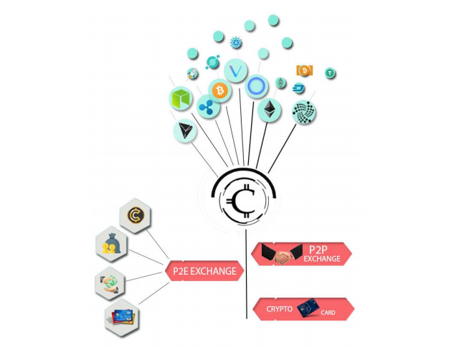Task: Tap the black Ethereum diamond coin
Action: click(x=270, y=110)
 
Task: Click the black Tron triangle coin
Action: click(x=185, y=130)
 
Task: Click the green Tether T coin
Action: click(x=331, y=72)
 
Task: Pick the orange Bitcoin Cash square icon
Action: click(x=303, y=70)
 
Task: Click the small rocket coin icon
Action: click(x=192, y=74)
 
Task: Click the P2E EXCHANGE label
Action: click(x=204, y=271)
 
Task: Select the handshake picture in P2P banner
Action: click(x=277, y=254)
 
